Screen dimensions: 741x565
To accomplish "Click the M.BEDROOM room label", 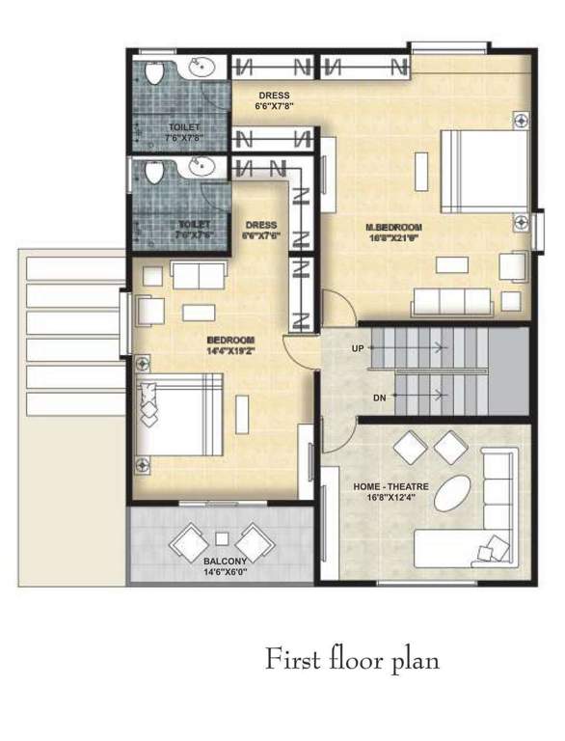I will (x=390, y=229).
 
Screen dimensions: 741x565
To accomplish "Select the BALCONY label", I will (x=223, y=561).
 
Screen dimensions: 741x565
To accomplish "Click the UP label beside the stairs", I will (x=358, y=348).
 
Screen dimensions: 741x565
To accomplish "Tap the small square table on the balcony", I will (x=223, y=537).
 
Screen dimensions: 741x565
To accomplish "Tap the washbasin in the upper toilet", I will (x=200, y=68).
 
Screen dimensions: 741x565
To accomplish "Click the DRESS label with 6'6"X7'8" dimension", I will (x=275, y=100).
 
